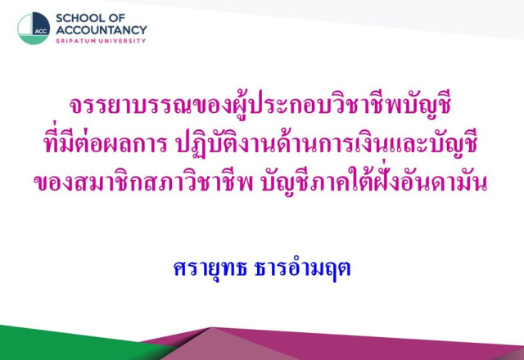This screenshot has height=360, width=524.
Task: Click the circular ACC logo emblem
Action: click(34, 29)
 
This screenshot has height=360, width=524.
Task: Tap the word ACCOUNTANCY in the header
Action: click(102, 30)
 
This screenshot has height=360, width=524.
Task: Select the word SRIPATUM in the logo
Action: click(76, 41)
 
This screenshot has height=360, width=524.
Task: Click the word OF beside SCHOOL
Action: click(116, 18)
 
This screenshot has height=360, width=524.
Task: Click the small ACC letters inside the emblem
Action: click(41, 31)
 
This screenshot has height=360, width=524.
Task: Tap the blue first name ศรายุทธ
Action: click(210, 268)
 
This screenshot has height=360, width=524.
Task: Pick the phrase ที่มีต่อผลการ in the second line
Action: click(105, 143)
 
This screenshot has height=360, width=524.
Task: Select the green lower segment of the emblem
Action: click(34, 40)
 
